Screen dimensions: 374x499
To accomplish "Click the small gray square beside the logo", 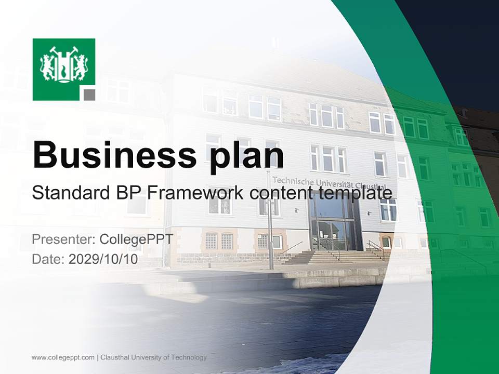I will coord(89,94).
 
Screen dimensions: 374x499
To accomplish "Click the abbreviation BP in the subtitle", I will coord(127,193).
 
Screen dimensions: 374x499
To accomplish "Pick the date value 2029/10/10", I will coord(103,259).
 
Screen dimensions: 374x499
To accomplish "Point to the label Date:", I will coord(48,259).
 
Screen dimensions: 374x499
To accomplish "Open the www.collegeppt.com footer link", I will coord(63,357).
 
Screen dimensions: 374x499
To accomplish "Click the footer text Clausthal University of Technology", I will coord(153,357).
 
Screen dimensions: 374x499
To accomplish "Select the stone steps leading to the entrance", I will coord(333,257).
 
